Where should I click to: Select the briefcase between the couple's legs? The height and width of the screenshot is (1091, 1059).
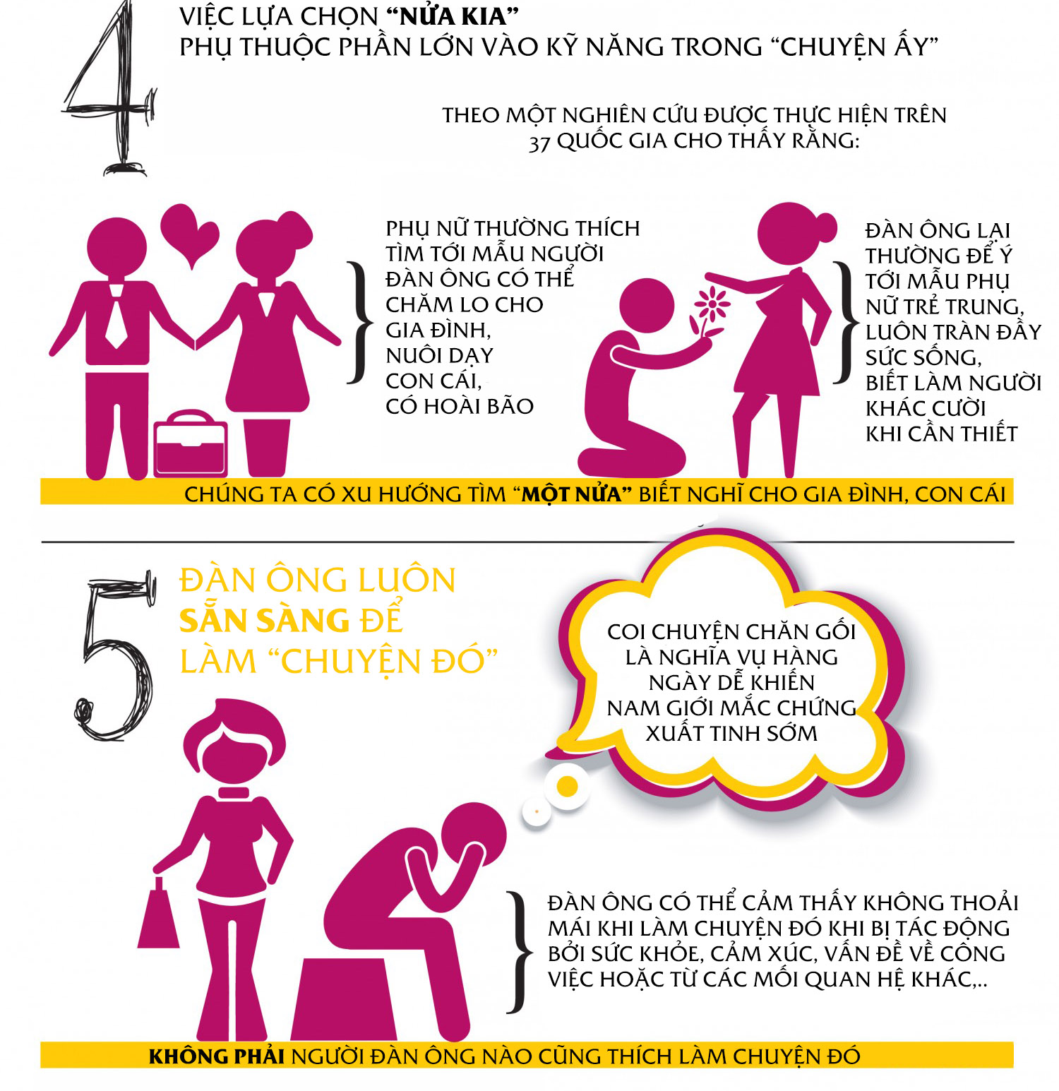(x=191, y=443)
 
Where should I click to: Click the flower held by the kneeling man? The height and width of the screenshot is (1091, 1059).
(x=710, y=311)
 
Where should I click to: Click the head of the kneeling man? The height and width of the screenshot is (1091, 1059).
(x=646, y=305)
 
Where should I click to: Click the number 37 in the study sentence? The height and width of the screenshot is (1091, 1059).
(x=539, y=142)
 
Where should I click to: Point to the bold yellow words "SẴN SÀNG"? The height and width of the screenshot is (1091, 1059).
(x=264, y=620)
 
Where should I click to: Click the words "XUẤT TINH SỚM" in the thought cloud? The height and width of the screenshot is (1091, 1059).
(x=731, y=733)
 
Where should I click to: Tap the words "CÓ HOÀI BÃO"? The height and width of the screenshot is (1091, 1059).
(x=460, y=406)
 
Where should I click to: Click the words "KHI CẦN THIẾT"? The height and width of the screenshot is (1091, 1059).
(x=942, y=434)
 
